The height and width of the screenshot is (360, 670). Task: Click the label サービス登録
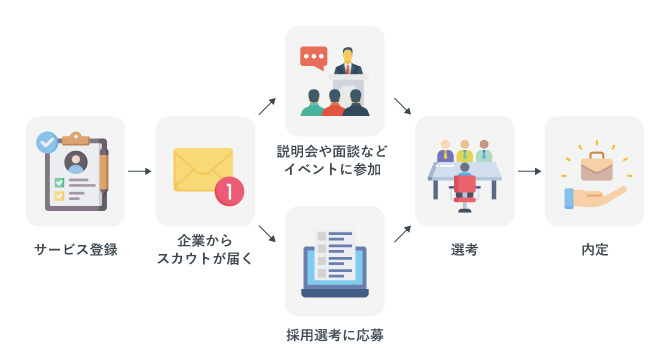point(75,250)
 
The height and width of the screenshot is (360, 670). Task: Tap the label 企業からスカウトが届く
point(204,250)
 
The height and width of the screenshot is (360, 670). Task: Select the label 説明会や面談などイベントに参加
point(334,160)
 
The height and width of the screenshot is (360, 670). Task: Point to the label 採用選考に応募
point(334,332)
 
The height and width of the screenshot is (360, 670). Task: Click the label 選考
point(464,250)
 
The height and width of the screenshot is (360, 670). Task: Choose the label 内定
point(594,250)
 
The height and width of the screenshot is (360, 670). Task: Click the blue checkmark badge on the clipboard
point(46,143)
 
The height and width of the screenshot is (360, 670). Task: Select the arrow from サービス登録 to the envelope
point(140,171)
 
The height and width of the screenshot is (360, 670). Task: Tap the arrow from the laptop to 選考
point(402,235)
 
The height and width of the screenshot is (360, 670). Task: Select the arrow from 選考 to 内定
point(529,171)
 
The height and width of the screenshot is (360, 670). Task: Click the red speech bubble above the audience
point(314,57)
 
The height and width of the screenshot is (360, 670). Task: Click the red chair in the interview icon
point(464,188)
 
